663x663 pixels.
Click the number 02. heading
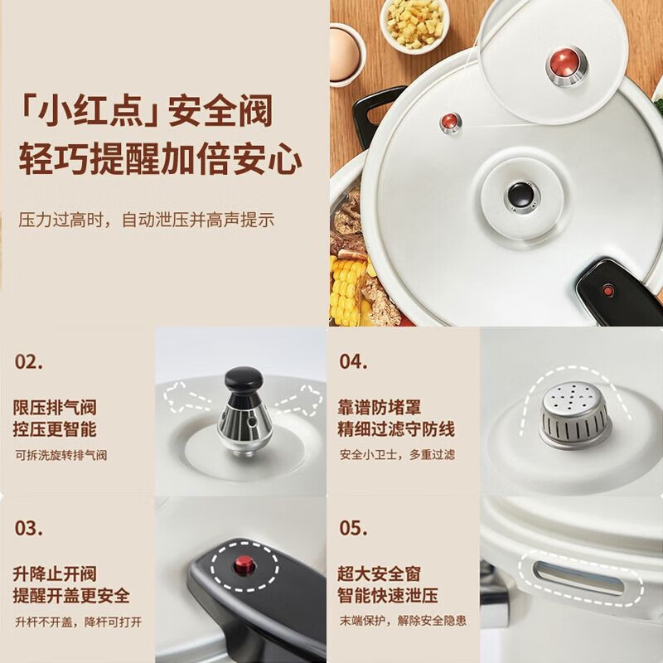click(x=29, y=362)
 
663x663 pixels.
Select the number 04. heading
click(x=353, y=362)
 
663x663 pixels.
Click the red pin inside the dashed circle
click(x=244, y=568)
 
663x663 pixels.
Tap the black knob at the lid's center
click(x=518, y=194)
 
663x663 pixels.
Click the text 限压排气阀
click(x=55, y=407)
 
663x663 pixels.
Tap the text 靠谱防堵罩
click(x=380, y=407)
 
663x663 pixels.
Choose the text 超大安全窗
click(x=380, y=573)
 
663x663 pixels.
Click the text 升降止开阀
click(x=55, y=573)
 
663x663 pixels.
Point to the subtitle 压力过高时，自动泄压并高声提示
click(x=147, y=220)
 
